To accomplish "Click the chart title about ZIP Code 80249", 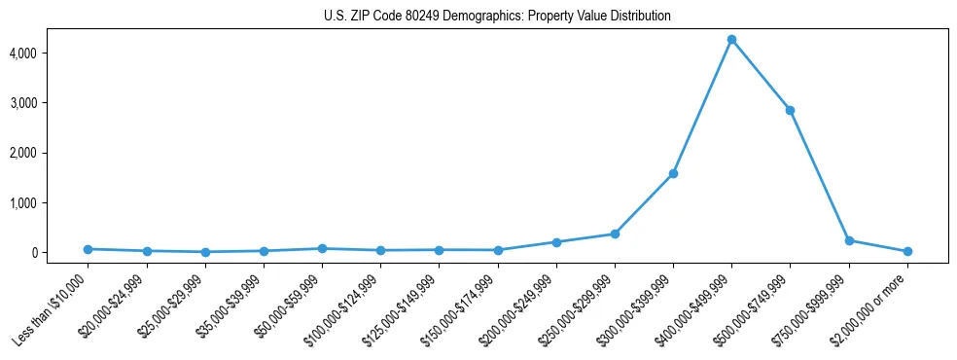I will pos(497,17).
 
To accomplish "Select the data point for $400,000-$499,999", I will pos(731,40).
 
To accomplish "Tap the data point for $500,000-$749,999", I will pos(790,110).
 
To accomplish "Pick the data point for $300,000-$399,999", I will pos(673,174).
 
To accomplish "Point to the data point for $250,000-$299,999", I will pos(615,234).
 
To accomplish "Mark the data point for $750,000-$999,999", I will pos(849,240).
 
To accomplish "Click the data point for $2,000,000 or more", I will pos(907,251).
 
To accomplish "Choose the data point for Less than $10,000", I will pos(88,249).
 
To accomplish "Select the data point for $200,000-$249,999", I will pos(556,242).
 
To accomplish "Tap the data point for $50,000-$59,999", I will pos(322,249).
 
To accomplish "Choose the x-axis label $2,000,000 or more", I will pos(873,306).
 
